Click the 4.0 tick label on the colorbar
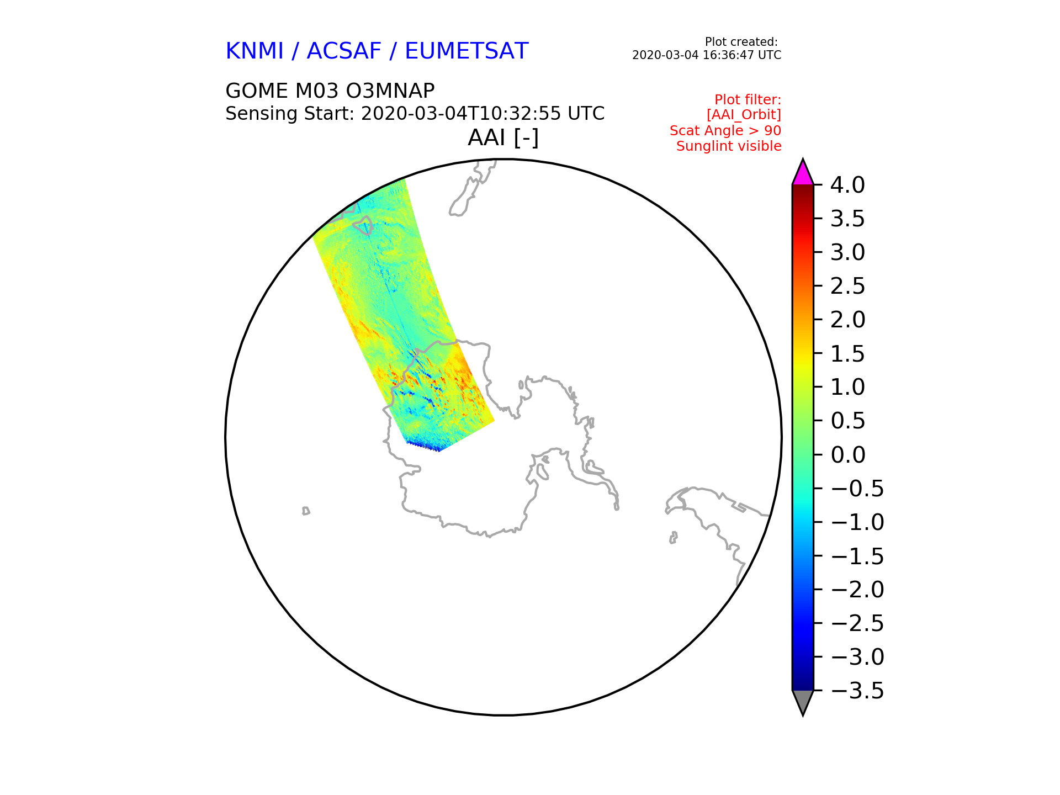pos(847,185)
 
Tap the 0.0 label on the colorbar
pos(847,455)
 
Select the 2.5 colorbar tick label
pos(847,286)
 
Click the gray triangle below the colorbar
pos(803,702)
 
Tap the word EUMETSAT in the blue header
pos(467,51)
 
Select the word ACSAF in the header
pos(344,51)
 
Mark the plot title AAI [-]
pos(503,138)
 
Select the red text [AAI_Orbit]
pos(744,115)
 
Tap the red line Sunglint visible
pos(729,146)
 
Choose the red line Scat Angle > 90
pos(725,131)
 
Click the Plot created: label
pos(741,42)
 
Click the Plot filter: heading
pos(748,100)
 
